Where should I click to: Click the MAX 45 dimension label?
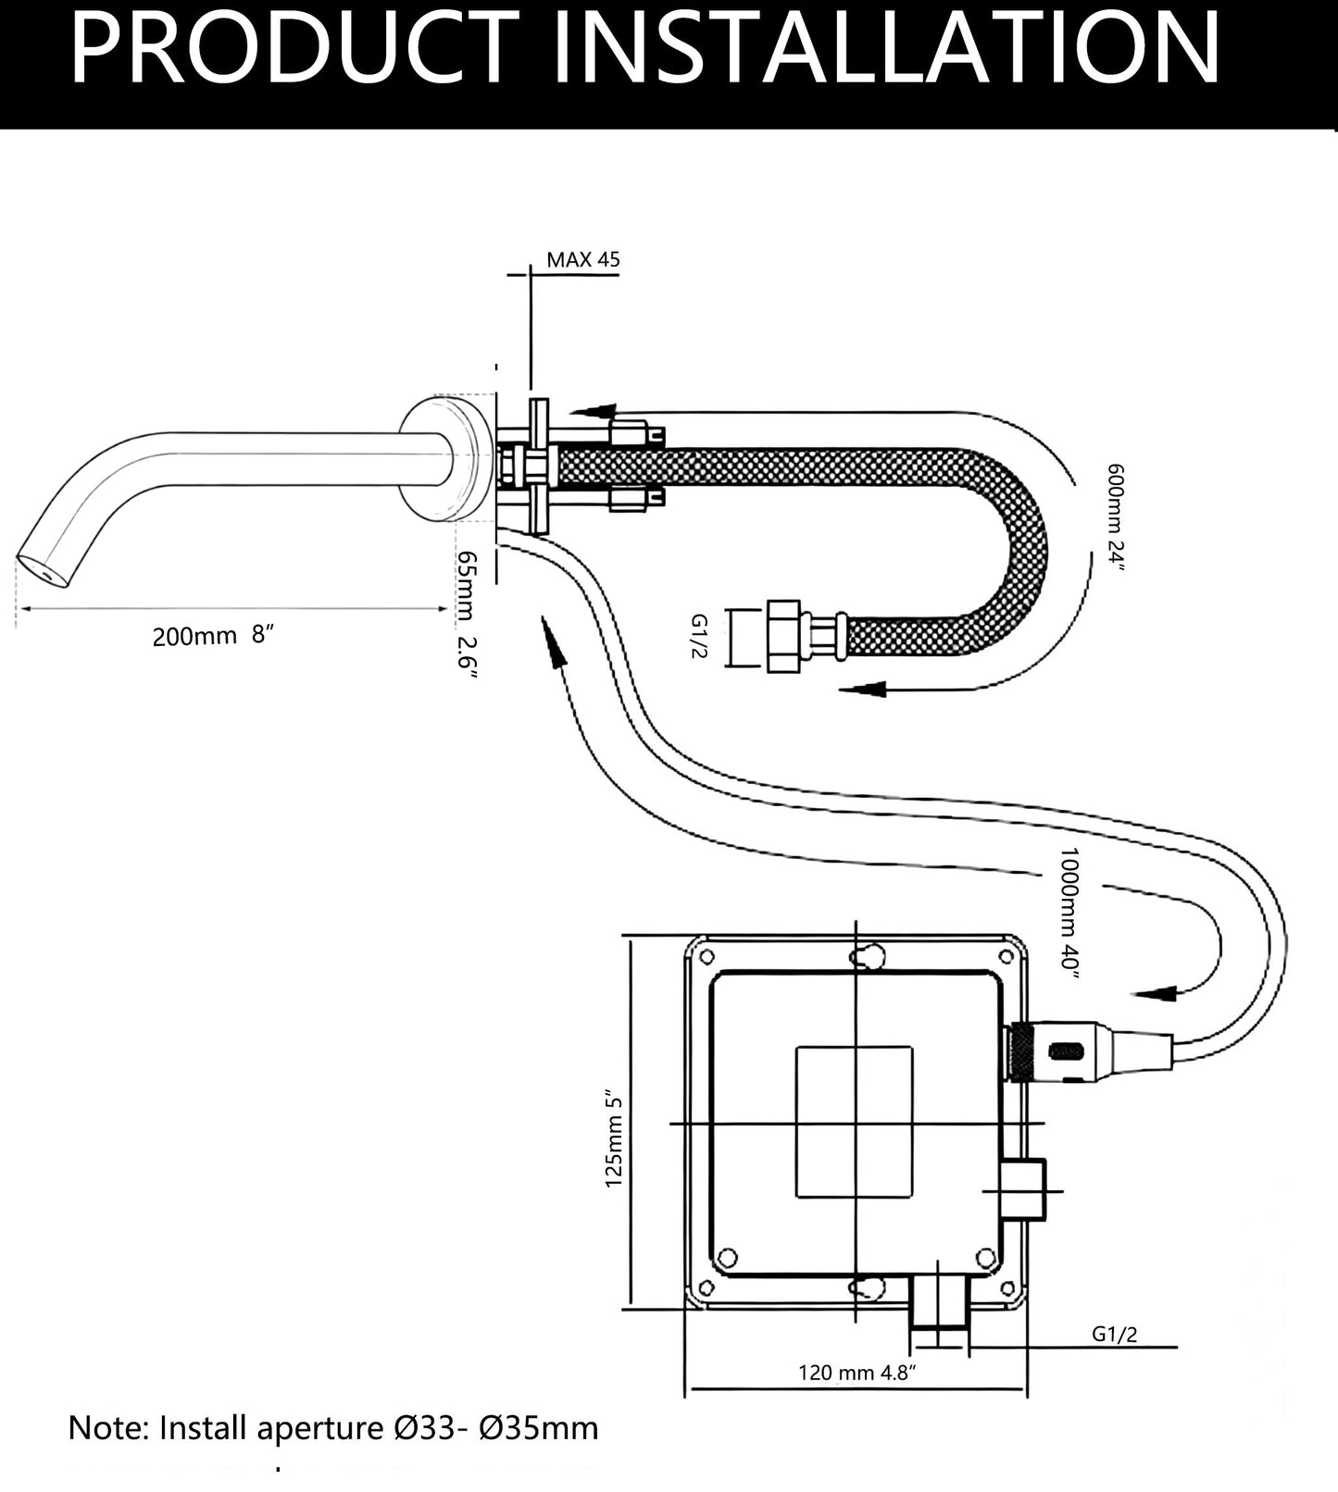(582, 259)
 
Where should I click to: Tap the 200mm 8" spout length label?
(214, 636)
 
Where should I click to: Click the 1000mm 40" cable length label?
(1069, 912)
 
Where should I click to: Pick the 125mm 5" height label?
(614, 1139)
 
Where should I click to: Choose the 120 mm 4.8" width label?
(857, 1372)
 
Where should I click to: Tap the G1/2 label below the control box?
(1114, 1334)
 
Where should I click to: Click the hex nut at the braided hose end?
(784, 636)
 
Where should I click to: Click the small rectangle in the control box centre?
(854, 1122)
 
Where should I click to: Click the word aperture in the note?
(316, 1428)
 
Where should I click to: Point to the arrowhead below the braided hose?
(865, 690)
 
